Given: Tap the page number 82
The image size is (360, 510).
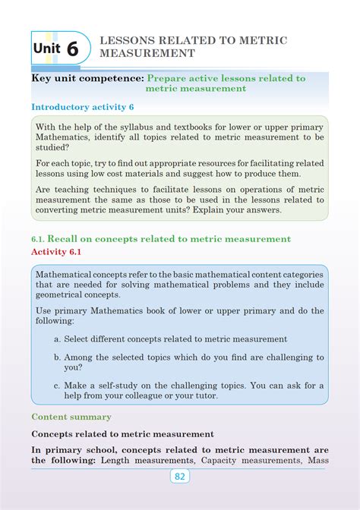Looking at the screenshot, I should click(179, 476).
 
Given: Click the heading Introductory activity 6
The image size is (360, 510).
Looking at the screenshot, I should click(83, 106).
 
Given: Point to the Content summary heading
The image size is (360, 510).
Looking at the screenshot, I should click(71, 417).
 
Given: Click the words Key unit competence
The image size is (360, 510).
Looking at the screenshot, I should click(87, 78).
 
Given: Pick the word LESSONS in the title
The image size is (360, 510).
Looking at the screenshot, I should click(131, 41).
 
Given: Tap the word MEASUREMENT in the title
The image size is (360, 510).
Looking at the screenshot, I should click(147, 54).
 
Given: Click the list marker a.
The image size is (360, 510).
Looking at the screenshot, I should click(57, 339).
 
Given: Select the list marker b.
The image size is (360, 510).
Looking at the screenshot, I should click(57, 357).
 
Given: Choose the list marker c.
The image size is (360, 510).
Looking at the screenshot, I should click(57, 385).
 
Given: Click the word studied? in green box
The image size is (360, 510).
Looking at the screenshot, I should click(55, 148).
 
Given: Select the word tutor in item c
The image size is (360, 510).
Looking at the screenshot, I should click(204, 395).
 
